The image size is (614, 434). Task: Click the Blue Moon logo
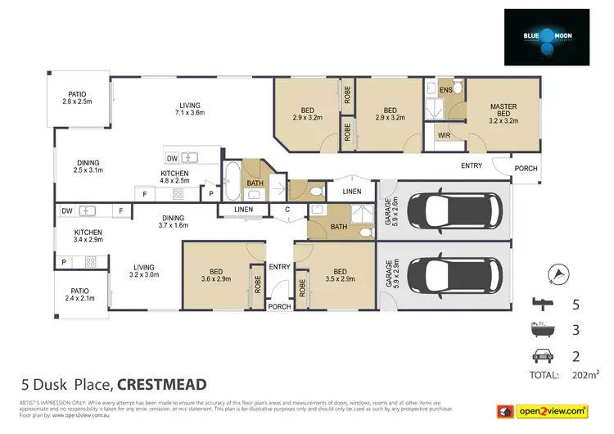546,36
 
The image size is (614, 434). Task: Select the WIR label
445,134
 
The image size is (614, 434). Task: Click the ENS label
445,89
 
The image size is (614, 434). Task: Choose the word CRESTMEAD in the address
162,384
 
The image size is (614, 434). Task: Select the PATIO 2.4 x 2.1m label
80,295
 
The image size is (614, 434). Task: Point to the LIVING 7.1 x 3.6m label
192,109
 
